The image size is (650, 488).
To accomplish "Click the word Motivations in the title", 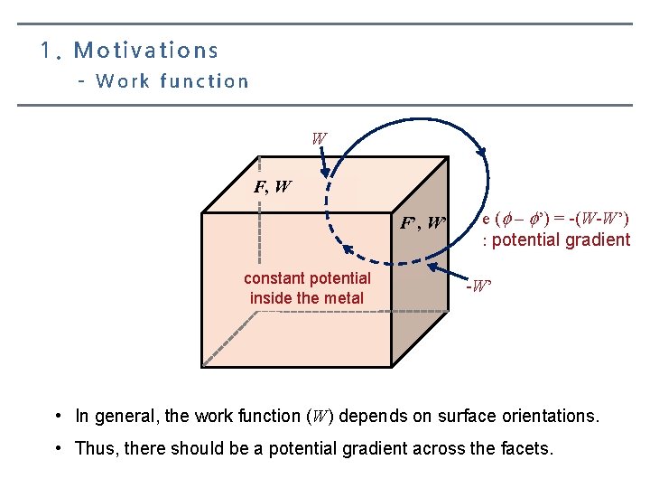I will click(x=146, y=51).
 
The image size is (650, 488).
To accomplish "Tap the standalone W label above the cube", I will click(x=319, y=139).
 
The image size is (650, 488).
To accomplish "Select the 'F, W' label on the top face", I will click(x=273, y=188).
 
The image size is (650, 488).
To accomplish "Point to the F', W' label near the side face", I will click(x=423, y=222).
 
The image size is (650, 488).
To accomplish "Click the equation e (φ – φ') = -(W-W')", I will click(x=555, y=219).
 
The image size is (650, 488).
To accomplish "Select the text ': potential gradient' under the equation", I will click(x=556, y=239).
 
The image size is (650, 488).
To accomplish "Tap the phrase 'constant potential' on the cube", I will click(x=307, y=278).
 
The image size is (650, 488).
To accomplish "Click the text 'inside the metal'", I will click(x=307, y=298).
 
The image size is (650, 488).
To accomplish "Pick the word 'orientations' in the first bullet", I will click(x=550, y=417).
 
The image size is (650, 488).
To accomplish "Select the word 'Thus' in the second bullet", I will click(x=95, y=448).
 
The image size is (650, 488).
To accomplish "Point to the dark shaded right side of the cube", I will click(x=419, y=289).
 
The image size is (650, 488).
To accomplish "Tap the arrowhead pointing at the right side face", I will click(x=431, y=268).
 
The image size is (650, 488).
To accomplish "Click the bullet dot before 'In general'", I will click(x=58, y=417).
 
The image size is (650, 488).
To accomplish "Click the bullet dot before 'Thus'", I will click(x=58, y=448).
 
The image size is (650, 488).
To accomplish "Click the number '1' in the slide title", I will click(x=45, y=51).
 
